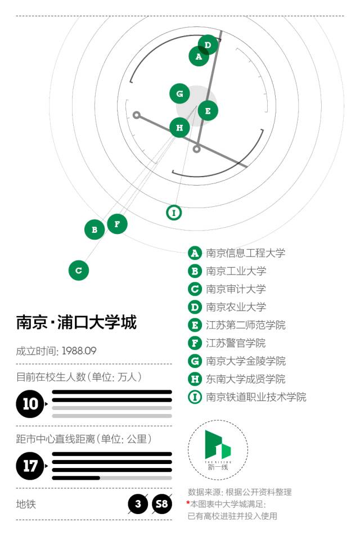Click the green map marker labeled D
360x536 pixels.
pos(208,45)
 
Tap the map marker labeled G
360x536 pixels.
pos(179,93)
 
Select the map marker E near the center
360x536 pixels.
pos(208,111)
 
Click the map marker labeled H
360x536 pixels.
pos(179,128)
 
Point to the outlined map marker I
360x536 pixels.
pos(174,213)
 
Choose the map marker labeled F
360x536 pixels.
pos(117,224)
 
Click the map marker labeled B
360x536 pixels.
pos(94,229)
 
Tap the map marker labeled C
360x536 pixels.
pos(79,271)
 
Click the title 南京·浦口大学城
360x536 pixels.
pos(76,322)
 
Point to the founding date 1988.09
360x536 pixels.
pos(79,351)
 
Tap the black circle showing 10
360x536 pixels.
pos(30,404)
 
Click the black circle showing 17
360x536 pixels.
pos(30,466)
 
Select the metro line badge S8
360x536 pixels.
pos(161,504)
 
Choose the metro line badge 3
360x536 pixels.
pos(138,504)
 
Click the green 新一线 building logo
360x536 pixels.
pos(218,445)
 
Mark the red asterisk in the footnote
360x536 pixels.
pos(188,502)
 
